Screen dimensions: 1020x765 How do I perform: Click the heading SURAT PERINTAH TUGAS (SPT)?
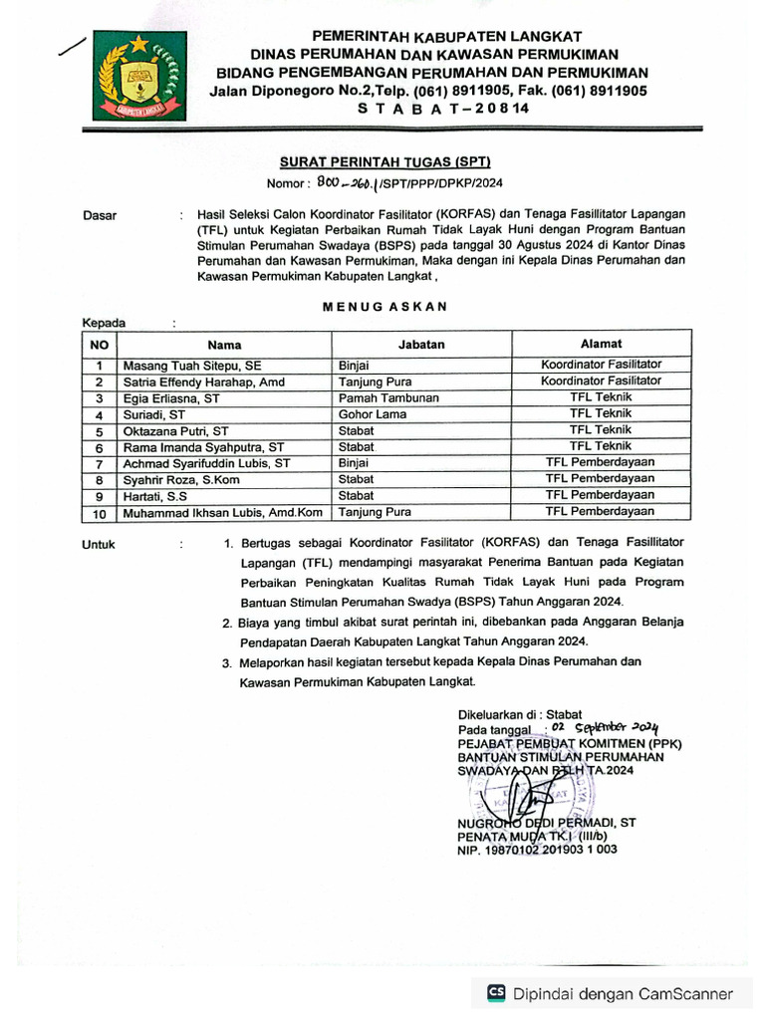pyautogui.click(x=383, y=162)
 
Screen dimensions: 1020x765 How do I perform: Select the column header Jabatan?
pyautogui.click(x=421, y=345)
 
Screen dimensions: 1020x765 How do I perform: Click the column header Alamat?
pyautogui.click(x=601, y=344)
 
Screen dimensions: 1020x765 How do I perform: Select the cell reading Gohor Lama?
pyautogui.click(x=372, y=414)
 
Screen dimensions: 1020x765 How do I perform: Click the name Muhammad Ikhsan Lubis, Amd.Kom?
pyautogui.click(x=222, y=513)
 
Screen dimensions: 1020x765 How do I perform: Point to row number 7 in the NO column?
pyautogui.click(x=99, y=464)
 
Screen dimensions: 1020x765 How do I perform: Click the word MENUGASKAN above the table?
pyautogui.click(x=384, y=307)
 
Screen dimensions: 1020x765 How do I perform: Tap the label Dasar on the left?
pyautogui.click(x=99, y=215)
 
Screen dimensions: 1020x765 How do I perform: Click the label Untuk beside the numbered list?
pyautogui.click(x=99, y=545)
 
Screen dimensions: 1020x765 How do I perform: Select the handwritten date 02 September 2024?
pyautogui.click(x=606, y=728)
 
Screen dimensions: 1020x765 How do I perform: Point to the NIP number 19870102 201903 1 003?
pyautogui.click(x=537, y=850)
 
